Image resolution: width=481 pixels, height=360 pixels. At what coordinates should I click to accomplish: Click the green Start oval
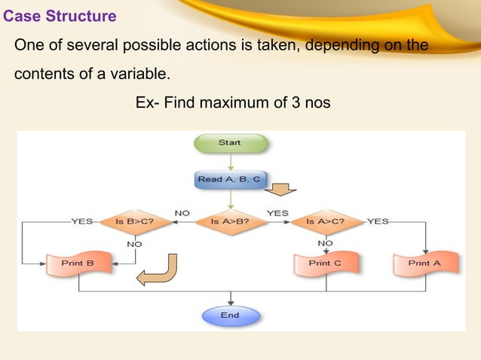[x=230, y=142]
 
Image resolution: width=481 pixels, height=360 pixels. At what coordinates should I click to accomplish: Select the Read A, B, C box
[x=230, y=180]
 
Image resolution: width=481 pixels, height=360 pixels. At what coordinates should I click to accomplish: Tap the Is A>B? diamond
[x=230, y=222]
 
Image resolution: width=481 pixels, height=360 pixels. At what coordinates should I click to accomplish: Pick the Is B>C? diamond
[x=134, y=222]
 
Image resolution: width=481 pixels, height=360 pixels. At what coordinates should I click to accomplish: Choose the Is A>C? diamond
[x=326, y=222]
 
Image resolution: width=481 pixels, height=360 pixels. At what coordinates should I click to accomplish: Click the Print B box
[x=77, y=264]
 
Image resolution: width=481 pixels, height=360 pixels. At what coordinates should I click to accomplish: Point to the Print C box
[x=326, y=264]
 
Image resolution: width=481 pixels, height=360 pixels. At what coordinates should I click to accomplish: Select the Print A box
[x=425, y=264]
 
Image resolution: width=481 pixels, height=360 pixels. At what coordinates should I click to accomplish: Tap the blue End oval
[x=230, y=316]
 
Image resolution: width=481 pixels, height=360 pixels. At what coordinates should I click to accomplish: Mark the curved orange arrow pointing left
[x=160, y=272]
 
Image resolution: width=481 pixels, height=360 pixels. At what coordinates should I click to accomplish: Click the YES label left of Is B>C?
[x=81, y=222]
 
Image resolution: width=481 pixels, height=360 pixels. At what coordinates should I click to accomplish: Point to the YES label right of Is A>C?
[x=378, y=222]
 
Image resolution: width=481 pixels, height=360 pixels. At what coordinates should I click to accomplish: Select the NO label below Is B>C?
[x=134, y=244]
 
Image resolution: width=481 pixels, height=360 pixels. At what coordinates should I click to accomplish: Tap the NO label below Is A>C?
[x=326, y=243]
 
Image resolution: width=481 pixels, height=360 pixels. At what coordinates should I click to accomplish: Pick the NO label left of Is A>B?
[x=182, y=213]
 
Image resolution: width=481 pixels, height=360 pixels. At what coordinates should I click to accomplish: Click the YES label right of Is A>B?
[x=277, y=213]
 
